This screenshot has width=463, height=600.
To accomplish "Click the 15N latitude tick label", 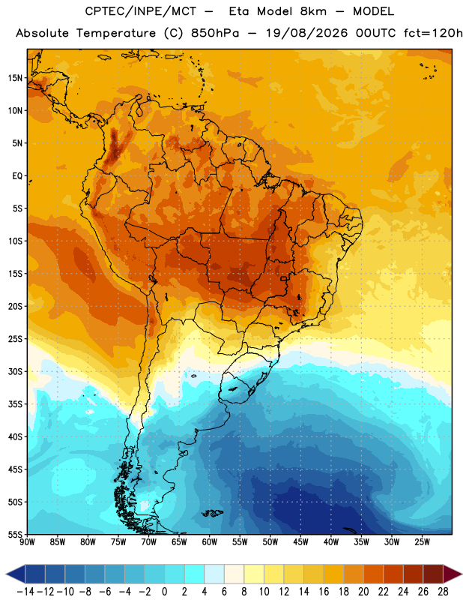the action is (15, 78).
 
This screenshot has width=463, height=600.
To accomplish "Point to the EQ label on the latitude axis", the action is (17, 176).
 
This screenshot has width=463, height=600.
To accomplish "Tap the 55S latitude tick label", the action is (15, 534).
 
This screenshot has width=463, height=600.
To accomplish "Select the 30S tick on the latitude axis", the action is (15, 371).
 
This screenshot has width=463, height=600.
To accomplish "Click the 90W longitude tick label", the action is (27, 542).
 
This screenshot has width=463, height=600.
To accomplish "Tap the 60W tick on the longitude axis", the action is (210, 542).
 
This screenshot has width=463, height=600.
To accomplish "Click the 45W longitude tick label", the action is (300, 542).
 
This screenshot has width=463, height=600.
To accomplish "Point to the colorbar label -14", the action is (25, 592).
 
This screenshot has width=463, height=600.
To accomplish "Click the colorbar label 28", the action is (443, 592).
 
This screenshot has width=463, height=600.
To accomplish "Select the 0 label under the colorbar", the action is (165, 592).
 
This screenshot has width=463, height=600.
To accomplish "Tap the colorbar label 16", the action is (324, 592).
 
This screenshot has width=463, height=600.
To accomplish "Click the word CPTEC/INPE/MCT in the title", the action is (140, 11).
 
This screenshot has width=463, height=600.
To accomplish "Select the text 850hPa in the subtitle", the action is (215, 33).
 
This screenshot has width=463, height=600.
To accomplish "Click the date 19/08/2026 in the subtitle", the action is (306, 33).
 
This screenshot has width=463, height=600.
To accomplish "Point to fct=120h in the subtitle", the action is (433, 33).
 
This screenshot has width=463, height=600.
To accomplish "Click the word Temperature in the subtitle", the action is (116, 34).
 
